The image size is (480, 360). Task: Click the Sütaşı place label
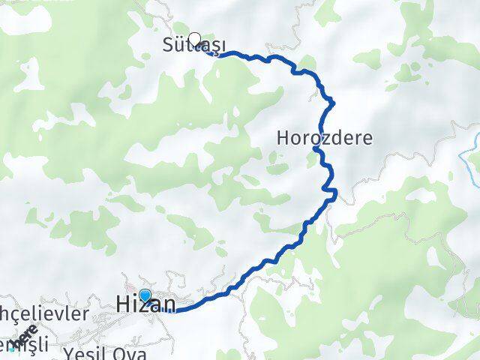193,46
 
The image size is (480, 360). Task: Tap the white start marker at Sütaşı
195,39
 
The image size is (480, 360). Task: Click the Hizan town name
146,304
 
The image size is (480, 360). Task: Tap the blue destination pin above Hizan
145,295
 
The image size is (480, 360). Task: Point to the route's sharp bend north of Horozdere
331,101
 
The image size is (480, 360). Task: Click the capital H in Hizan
124,304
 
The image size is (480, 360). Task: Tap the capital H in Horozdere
283,138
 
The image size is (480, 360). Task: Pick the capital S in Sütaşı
167,46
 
